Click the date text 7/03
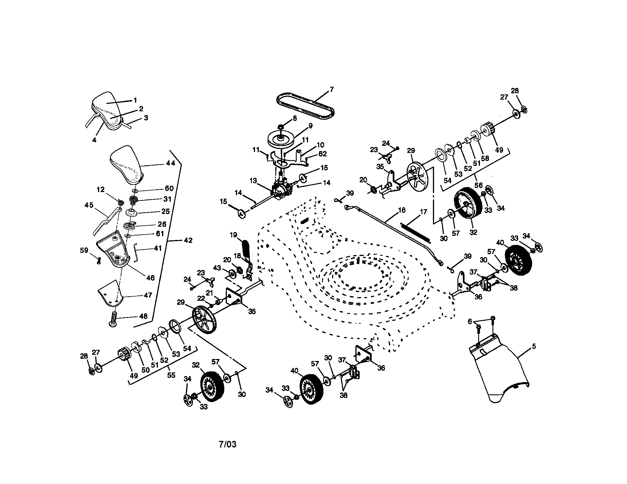[227, 444]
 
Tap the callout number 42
[188, 240]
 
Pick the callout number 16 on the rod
[402, 210]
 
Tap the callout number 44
[170, 163]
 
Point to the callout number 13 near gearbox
[253, 180]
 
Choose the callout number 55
[171, 375]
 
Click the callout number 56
[478, 185]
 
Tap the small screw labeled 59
[99, 261]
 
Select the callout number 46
[150, 278]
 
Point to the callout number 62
[323, 154]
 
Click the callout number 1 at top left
[135, 100]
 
